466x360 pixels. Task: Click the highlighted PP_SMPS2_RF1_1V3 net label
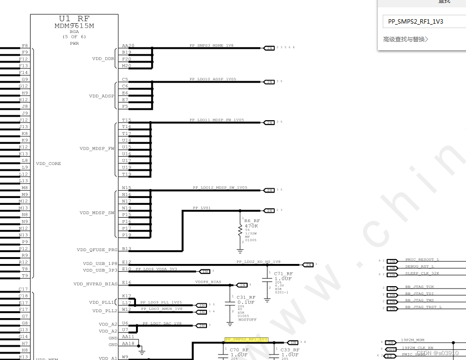click(x=246, y=340)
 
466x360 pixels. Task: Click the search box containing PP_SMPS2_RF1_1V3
click(x=424, y=22)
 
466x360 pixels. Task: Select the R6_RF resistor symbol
click(x=240, y=229)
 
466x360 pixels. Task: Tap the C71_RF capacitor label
click(x=283, y=273)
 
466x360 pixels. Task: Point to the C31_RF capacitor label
click(x=246, y=297)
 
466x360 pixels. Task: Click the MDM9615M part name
click(x=74, y=26)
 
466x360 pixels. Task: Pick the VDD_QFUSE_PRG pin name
click(x=97, y=250)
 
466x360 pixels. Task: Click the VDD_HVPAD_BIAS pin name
click(x=96, y=284)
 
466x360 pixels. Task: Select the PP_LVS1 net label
click(x=202, y=208)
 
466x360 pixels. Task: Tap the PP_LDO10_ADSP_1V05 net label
click(x=213, y=79)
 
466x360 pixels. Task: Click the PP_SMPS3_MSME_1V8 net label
click(x=211, y=45)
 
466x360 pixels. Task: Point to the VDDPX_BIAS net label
click(x=208, y=282)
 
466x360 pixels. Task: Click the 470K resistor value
click(x=252, y=226)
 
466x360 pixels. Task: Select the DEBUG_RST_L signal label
click(x=420, y=266)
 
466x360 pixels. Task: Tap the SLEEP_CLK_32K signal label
click(x=422, y=273)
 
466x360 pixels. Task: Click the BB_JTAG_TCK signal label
click(x=420, y=287)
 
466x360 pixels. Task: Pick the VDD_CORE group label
click(x=49, y=164)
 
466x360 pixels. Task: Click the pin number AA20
click(x=128, y=46)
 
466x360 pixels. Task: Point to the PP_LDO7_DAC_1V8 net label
click(x=162, y=324)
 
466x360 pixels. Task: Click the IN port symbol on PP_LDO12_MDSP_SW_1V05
click(x=269, y=190)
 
